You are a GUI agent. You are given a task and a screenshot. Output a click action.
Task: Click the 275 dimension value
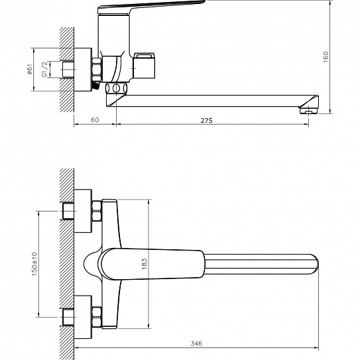206,120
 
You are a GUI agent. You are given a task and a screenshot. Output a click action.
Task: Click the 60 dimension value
95,120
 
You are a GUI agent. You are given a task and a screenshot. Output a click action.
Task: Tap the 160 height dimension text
326,57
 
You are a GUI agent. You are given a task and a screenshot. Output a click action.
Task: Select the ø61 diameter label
29,70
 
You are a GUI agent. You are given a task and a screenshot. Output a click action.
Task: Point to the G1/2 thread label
45,70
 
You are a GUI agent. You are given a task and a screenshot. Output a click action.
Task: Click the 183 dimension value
144,264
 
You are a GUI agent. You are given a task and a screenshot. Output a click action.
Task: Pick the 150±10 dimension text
34,264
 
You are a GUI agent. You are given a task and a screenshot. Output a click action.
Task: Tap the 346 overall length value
196,343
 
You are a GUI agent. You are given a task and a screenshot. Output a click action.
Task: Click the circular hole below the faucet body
117,88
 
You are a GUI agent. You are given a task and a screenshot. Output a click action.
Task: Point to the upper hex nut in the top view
97,211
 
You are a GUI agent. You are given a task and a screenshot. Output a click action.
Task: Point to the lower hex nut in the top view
97,317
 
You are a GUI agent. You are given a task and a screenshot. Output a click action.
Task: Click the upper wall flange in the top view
83,211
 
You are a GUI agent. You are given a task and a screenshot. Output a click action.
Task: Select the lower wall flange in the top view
83,317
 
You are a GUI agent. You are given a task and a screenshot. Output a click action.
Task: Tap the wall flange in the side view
83,70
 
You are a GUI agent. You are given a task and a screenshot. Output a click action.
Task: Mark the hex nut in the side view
97,70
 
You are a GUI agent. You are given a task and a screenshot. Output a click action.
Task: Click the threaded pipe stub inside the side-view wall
68,70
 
